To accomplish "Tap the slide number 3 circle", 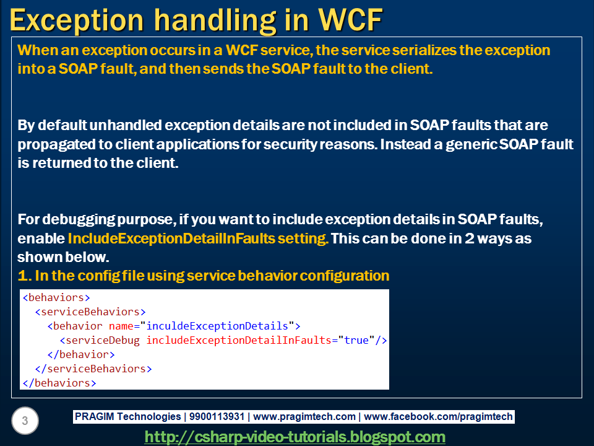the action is coord(25,421).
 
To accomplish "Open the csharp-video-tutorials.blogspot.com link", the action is coord(295,437).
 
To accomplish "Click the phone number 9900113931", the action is coord(217,416).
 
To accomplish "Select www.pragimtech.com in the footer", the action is coord(304,416).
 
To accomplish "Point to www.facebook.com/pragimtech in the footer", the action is coord(438,416).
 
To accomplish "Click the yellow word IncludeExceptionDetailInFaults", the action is coord(171,238).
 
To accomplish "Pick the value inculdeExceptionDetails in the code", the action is coord(217,326).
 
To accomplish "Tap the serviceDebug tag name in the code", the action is coord(103,340).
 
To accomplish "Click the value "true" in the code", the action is coord(356,340).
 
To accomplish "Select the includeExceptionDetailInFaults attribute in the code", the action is coord(239,340).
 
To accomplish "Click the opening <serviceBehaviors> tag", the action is coord(90,312).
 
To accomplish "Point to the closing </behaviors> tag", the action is coord(59,383).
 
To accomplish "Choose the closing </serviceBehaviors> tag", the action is coord(93,369).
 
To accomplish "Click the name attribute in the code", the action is coord(121,326).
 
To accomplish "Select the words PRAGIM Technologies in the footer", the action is coord(127,416).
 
